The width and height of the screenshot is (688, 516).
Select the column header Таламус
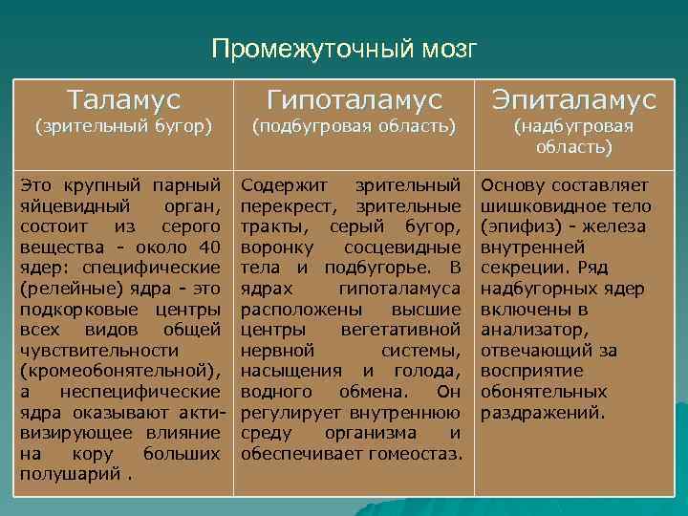pos(123,99)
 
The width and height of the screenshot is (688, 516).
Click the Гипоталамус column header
pos(355,99)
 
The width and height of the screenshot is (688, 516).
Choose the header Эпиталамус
pos(573,99)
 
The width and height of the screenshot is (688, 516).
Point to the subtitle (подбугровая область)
pos(355,126)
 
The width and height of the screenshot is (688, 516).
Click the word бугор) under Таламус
pos(182,126)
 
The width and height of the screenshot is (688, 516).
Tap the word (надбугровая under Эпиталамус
pos(573,126)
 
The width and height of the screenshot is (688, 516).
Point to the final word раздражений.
pos(542,413)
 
